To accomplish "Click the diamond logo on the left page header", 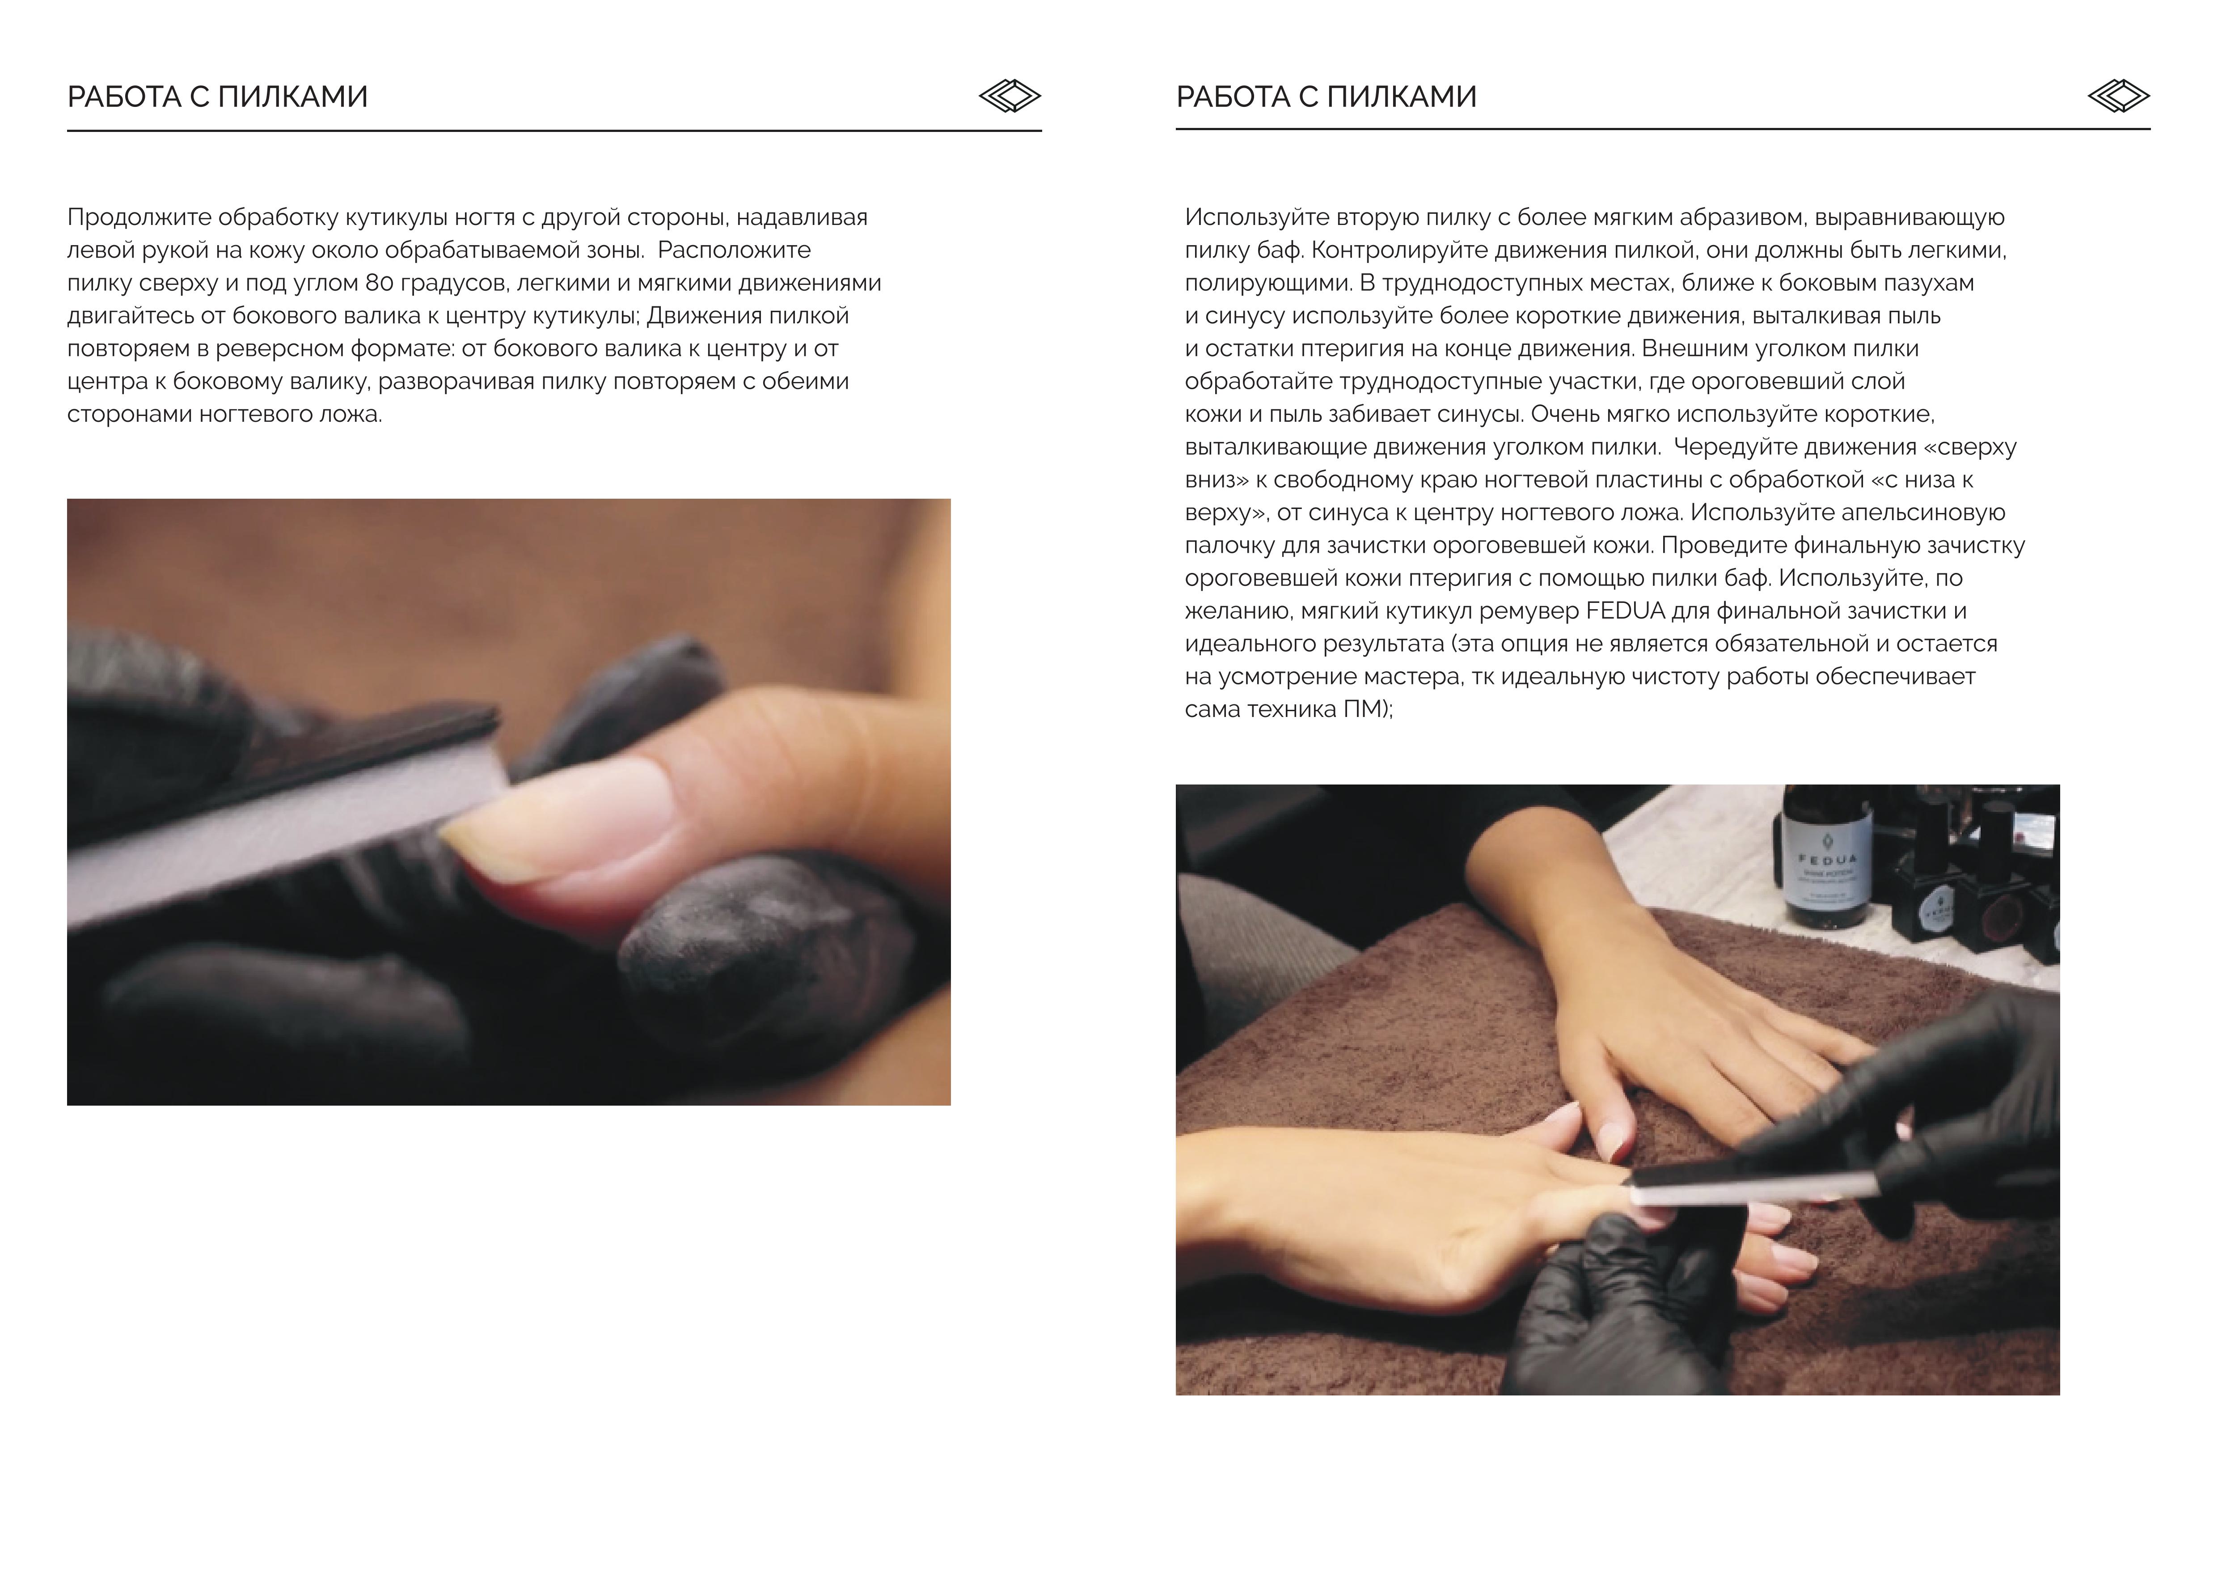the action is tap(1010, 96).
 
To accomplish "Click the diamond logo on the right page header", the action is tap(2118, 96).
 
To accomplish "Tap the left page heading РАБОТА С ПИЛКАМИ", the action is tap(217, 97).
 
